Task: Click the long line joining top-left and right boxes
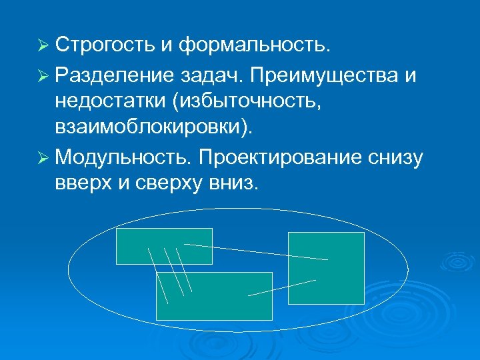click(x=256, y=251)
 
